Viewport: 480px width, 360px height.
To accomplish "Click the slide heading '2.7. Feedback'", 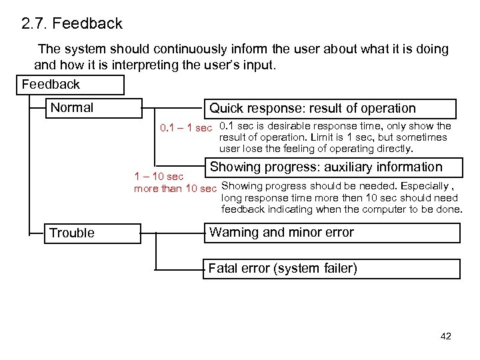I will pos(71,24).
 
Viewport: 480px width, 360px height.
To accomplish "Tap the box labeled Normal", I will pos(93,108).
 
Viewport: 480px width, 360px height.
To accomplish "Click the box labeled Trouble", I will pos(93,233).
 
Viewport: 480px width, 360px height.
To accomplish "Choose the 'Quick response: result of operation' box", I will pos(331,108).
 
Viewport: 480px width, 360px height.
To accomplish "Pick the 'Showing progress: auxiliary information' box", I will pos(331,167).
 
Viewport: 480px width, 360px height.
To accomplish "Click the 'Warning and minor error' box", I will pos(331,233).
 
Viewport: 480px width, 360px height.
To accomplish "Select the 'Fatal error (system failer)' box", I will pos(331,269).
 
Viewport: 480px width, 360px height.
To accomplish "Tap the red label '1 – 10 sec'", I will pos(159,177).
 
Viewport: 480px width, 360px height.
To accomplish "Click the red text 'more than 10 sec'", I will pos(175,187).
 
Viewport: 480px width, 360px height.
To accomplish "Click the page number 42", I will pos(446,336).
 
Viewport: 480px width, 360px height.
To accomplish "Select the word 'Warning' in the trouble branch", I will pos(232,233).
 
